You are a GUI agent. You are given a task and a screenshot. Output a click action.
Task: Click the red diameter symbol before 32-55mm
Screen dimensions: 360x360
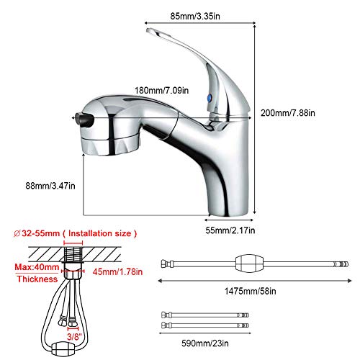(18, 234)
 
